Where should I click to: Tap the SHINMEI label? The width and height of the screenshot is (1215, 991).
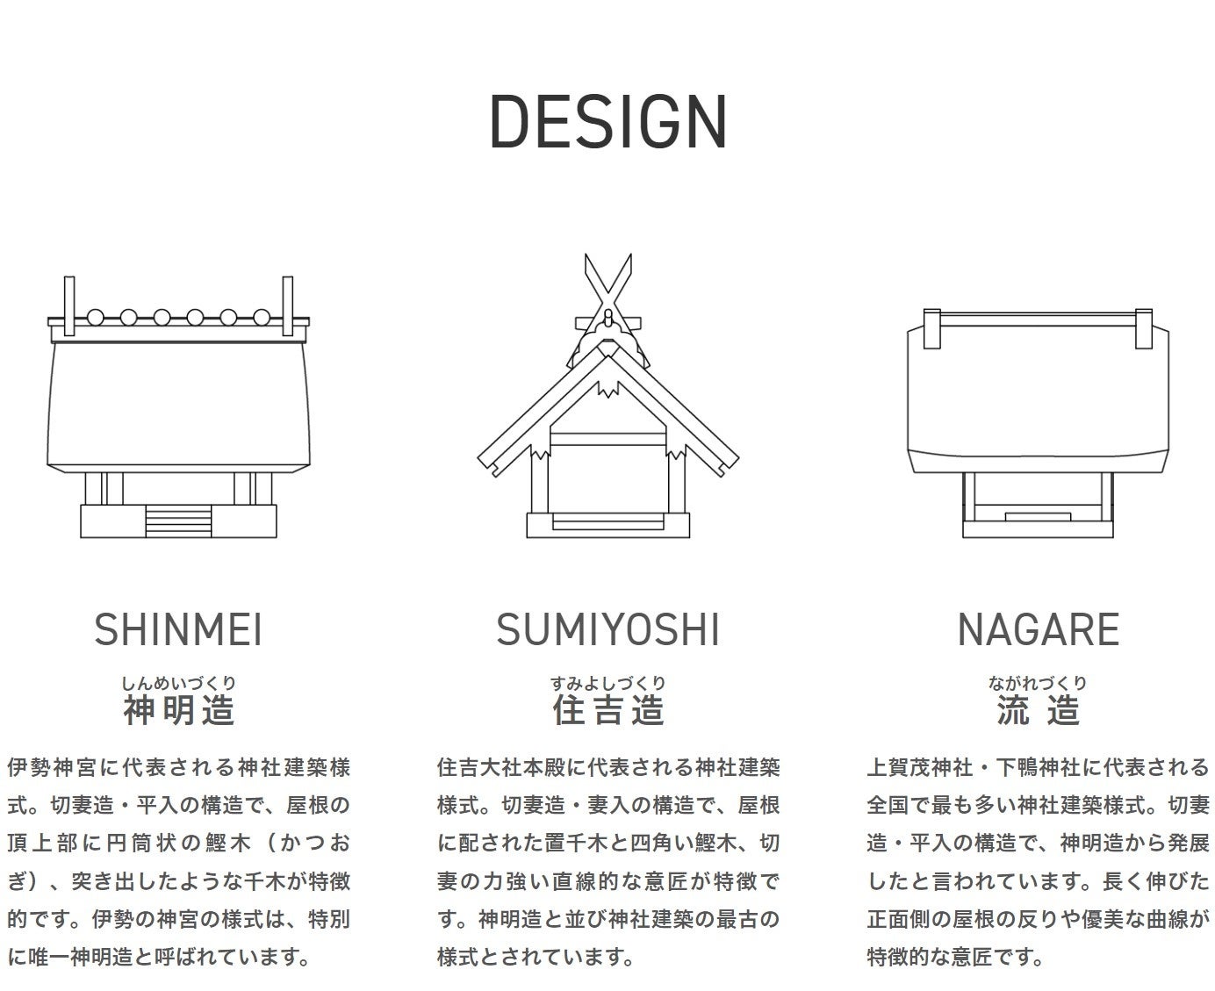pyautogui.click(x=178, y=629)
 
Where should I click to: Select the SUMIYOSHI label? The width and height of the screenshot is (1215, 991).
pyautogui.click(x=607, y=629)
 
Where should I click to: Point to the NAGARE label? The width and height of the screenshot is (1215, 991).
pyautogui.click(x=1038, y=629)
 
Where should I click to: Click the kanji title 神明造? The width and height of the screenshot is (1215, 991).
pyautogui.click(x=179, y=710)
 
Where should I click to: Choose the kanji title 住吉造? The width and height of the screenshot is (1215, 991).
pyautogui.click(x=607, y=710)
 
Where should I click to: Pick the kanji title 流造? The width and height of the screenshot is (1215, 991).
pyautogui.click(x=1038, y=710)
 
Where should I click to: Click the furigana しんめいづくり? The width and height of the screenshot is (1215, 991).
pyautogui.click(x=179, y=683)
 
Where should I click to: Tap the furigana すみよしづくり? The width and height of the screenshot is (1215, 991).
pyautogui.click(x=607, y=683)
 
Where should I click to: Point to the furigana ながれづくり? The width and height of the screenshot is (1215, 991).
pyautogui.click(x=1038, y=683)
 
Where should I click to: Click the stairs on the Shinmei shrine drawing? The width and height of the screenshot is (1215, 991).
pyautogui.click(x=179, y=521)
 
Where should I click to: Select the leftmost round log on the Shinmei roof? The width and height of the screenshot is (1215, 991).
pyautogui.click(x=96, y=317)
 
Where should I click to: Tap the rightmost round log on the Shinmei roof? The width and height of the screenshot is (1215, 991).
pyautogui.click(x=262, y=317)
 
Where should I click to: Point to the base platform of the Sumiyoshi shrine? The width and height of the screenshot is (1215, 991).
pyautogui.click(x=607, y=525)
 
